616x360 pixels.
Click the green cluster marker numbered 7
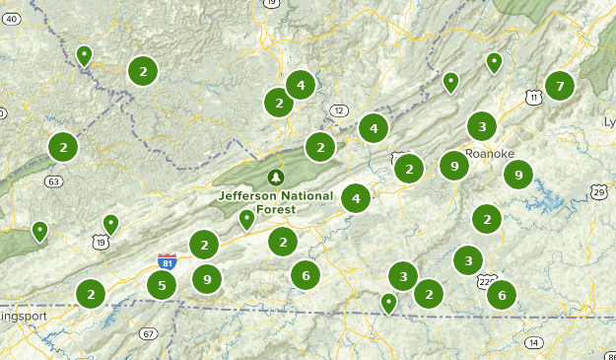560,86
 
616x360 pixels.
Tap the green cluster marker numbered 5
162,286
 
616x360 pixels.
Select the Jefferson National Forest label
276,202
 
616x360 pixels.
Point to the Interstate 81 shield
168,261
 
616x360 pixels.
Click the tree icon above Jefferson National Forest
276,178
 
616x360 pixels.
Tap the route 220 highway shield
487,281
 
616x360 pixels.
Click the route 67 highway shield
148,333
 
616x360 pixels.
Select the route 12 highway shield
340,109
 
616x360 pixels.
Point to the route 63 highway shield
53,181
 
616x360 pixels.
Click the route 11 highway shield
533,97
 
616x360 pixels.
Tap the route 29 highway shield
599,191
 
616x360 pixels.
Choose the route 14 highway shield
533,342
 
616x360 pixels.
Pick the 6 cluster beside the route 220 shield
502,294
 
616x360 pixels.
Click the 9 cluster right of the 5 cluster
206,280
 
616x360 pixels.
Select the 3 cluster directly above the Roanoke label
481,126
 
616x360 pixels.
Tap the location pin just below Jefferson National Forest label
246,219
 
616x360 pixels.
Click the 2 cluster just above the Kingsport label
91,293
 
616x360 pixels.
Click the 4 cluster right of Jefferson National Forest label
356,198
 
